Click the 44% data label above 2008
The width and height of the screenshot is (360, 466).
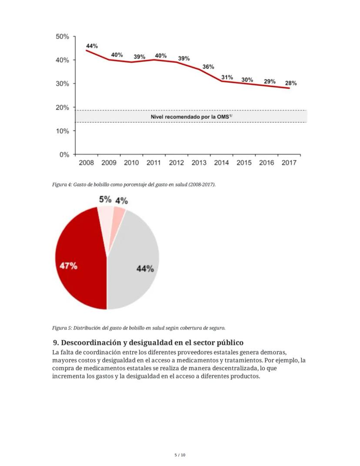point(92,46)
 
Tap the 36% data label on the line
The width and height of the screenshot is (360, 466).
point(208,67)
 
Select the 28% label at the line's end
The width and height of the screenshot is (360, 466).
point(291,83)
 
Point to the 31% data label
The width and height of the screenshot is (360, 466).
point(227,77)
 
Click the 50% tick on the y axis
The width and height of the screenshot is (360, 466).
point(63,37)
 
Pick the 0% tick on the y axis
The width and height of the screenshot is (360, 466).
point(64,154)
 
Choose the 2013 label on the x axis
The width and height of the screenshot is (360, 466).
point(199,163)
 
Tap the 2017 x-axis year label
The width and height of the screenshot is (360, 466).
point(289,163)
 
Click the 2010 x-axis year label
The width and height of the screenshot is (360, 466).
point(131,163)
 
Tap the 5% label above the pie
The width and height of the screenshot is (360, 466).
point(105,199)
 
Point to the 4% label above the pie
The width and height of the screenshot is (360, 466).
point(121,201)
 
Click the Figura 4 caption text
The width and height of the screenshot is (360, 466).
point(134,184)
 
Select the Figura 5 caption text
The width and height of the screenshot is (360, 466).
point(139,328)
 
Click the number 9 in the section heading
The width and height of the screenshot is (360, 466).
point(55,342)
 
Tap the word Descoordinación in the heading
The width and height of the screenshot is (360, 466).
point(88,342)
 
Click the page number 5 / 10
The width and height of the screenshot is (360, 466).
point(180,455)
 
